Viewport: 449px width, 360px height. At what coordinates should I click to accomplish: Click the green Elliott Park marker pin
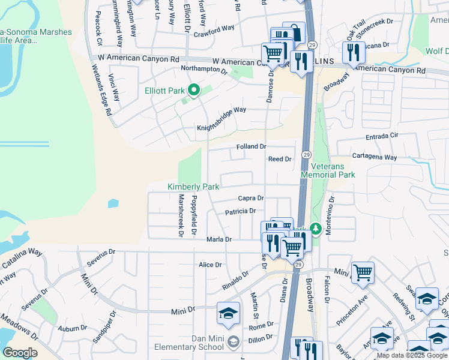[194, 91]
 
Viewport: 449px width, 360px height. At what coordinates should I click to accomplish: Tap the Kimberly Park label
[193, 187]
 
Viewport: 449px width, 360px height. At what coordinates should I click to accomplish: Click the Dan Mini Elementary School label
[188, 342]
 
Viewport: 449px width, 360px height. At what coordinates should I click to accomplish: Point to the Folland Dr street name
[252, 146]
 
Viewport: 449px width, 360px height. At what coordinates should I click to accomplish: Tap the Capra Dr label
[251, 198]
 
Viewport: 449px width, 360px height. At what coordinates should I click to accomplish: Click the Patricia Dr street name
[241, 211]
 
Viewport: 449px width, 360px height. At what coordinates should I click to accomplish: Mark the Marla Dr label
[219, 239]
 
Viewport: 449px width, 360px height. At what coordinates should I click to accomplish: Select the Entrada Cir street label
[385, 136]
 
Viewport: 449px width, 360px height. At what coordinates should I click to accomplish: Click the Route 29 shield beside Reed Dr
[306, 155]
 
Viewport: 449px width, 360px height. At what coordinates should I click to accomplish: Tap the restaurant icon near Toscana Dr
[354, 52]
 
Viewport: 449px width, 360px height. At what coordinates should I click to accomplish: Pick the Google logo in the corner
[20, 353]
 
